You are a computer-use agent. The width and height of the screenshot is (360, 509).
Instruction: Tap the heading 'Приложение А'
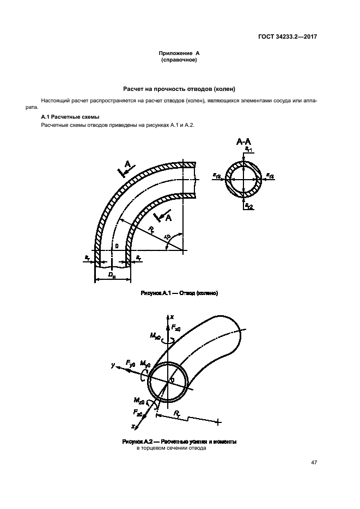pyautogui.click(x=180, y=53)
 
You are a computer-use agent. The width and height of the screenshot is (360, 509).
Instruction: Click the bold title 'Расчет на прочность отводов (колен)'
pyautogui.click(x=180, y=89)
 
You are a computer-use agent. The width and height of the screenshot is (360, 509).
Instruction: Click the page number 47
pyautogui.click(x=314, y=462)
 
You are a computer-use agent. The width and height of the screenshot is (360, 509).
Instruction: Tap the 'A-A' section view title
pyautogui.click(x=243, y=142)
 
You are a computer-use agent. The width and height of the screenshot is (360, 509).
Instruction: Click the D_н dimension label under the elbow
pyautogui.click(x=112, y=277)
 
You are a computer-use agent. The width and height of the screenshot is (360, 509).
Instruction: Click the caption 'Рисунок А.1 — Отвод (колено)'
pyautogui.click(x=179, y=293)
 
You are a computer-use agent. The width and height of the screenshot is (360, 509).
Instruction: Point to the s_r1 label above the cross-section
pyautogui.click(x=248, y=149)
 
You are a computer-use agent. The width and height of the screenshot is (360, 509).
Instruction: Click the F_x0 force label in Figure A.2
pyautogui.click(x=176, y=328)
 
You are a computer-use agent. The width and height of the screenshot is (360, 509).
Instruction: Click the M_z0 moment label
pyautogui.click(x=141, y=401)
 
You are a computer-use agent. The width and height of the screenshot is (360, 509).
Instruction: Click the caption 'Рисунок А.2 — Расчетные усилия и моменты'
pyautogui.click(x=172, y=441)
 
